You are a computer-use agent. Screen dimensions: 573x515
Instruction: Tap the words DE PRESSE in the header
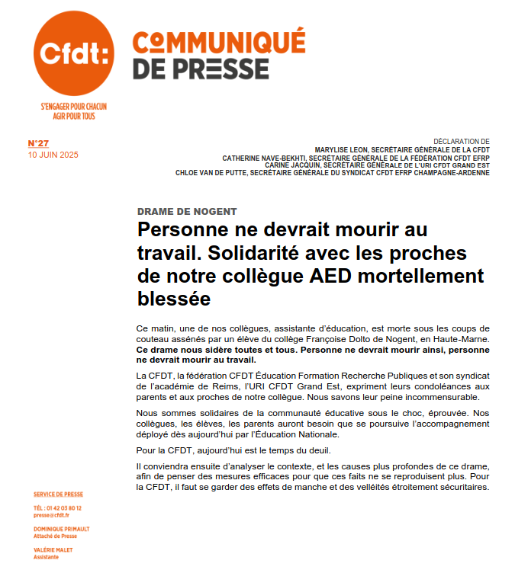(201, 69)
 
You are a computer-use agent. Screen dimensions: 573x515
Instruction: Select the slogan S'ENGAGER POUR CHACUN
(73, 107)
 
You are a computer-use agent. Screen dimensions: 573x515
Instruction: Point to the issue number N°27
(38, 143)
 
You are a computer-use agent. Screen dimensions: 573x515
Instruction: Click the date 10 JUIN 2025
(53, 155)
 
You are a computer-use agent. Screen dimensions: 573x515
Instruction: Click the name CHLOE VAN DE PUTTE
(211, 173)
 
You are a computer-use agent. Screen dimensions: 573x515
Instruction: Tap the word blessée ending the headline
(174, 298)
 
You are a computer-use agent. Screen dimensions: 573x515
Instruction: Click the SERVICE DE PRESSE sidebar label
(59, 495)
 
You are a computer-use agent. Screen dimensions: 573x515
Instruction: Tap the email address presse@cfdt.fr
(52, 515)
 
